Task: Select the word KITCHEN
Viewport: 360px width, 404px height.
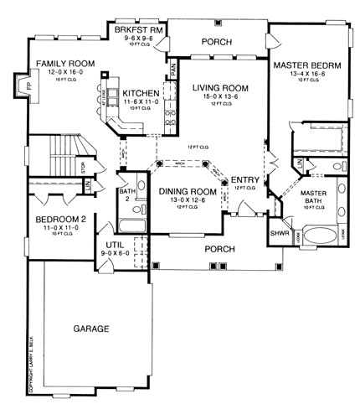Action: coord(136,93)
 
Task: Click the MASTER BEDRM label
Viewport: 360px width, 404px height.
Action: coord(306,64)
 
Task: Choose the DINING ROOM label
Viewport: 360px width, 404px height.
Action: coord(188,192)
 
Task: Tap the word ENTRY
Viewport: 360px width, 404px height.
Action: coord(245,179)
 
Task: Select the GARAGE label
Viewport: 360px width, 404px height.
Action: coord(92,329)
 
